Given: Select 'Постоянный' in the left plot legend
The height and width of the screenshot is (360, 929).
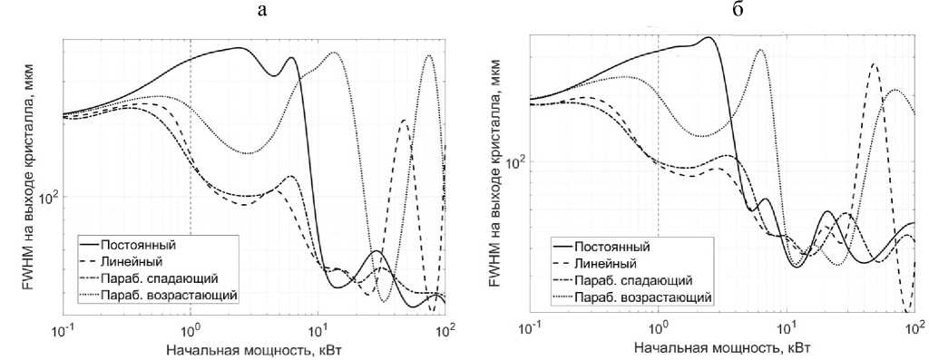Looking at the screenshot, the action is [x=138, y=244].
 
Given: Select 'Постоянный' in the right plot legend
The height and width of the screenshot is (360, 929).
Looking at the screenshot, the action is [x=611, y=247].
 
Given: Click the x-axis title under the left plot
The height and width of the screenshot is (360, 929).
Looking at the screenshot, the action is [x=253, y=349].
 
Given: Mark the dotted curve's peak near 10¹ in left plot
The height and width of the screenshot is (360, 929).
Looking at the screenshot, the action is [x=334, y=52].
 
